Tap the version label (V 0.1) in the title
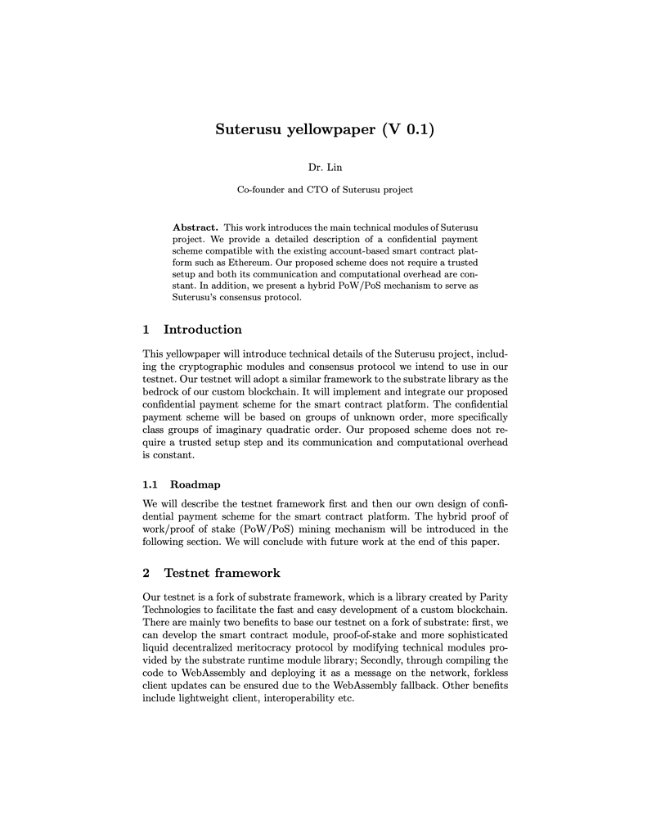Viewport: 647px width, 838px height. (407, 130)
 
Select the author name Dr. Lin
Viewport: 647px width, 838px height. (325, 168)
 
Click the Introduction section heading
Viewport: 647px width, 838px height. (202, 330)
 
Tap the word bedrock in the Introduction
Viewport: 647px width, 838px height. (161, 392)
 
